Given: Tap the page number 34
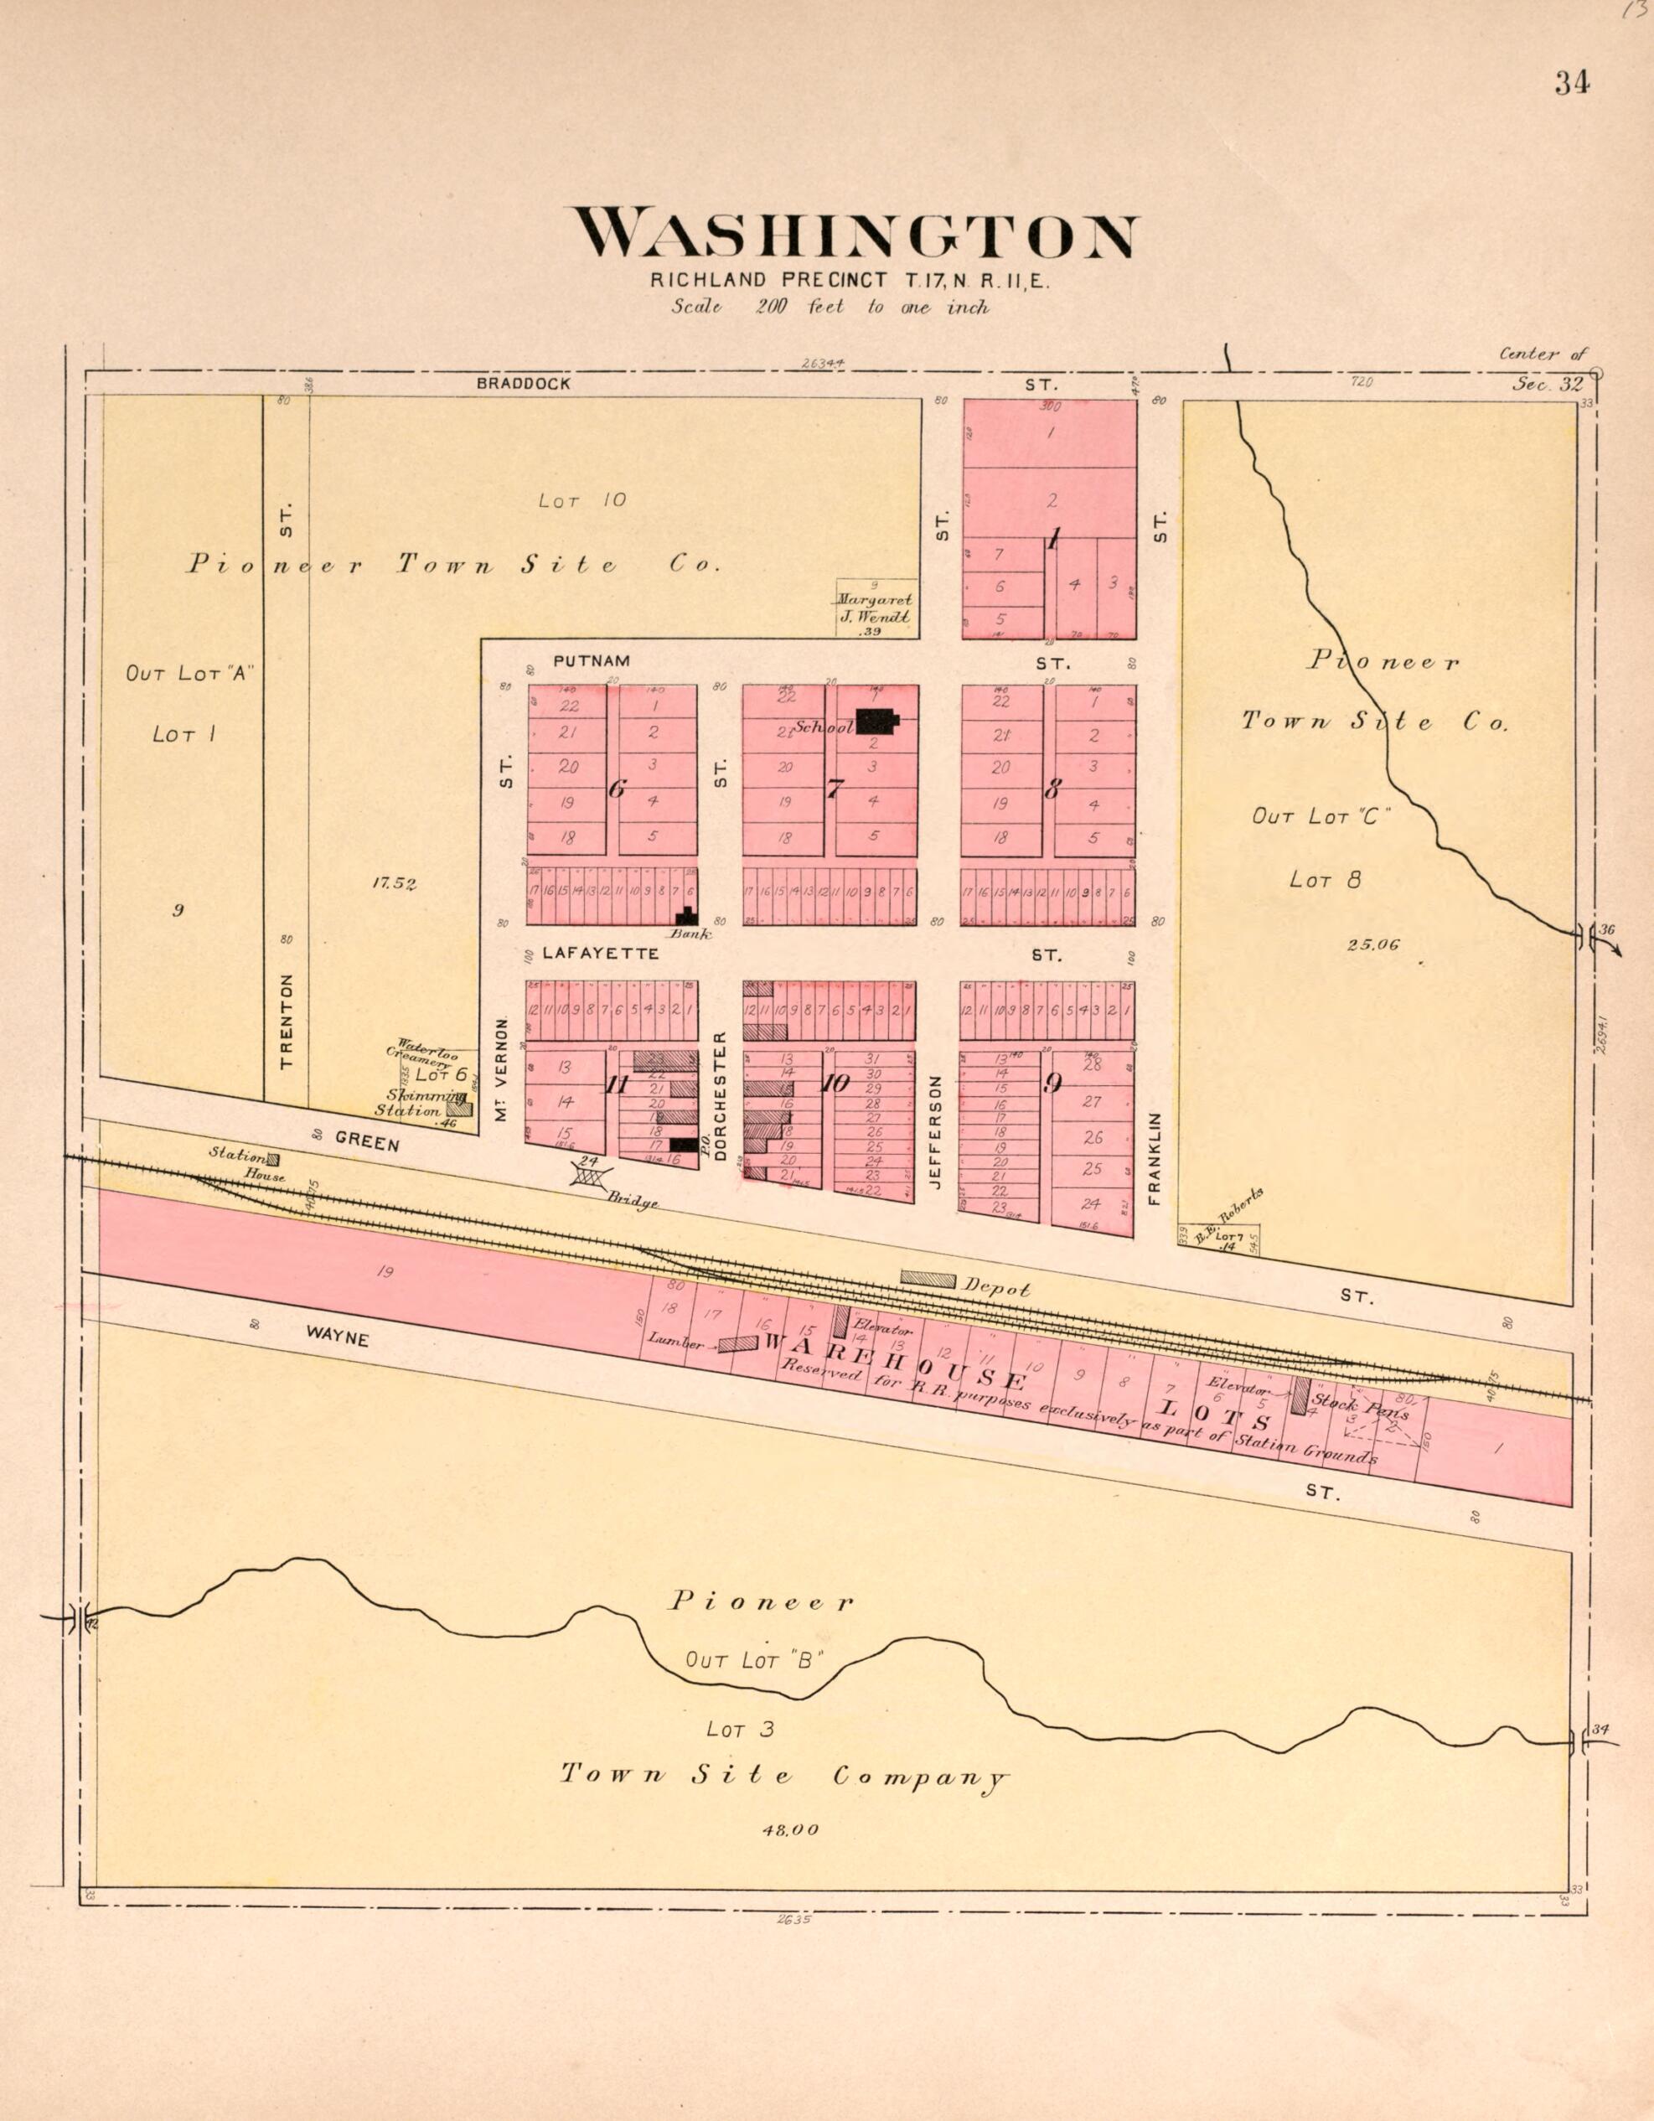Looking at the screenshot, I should click(x=1571, y=84).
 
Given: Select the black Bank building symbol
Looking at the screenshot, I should click(x=687, y=916).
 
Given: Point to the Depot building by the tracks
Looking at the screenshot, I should click(x=928, y=1279).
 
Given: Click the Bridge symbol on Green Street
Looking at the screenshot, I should click(x=587, y=1175).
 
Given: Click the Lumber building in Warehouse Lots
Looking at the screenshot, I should click(x=738, y=1343).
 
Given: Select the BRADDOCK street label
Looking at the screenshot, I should click(x=524, y=384).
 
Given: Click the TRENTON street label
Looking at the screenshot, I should click(x=286, y=1022).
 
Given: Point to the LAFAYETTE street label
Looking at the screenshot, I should click(x=600, y=954).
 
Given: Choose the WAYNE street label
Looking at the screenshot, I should click(x=337, y=1337).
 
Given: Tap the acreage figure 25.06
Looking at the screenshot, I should click(x=1373, y=943).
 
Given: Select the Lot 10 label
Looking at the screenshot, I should click(x=581, y=500).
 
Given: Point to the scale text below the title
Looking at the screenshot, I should click(x=830, y=307).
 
